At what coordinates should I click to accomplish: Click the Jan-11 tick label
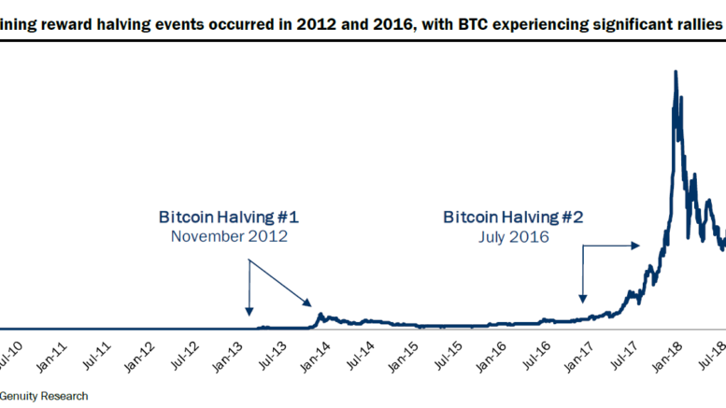point(53,355)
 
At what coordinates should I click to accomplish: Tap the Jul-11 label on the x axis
point(97,355)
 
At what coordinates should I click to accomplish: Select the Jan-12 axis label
point(142,355)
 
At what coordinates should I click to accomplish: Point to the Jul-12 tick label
point(186,355)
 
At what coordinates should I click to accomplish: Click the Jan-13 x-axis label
point(231,355)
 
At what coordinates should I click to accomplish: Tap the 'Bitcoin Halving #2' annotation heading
point(513,217)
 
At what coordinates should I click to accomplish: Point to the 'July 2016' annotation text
point(513,236)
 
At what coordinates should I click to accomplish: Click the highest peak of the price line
point(675,71)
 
